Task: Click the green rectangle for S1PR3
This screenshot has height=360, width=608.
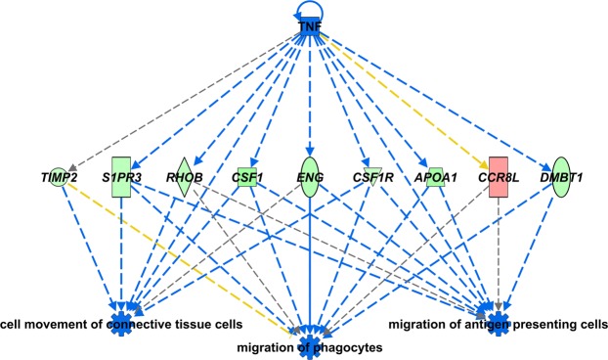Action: click(121, 178)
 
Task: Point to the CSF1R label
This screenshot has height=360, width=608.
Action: click(372, 179)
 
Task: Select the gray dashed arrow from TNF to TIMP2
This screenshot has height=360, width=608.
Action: click(186, 98)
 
